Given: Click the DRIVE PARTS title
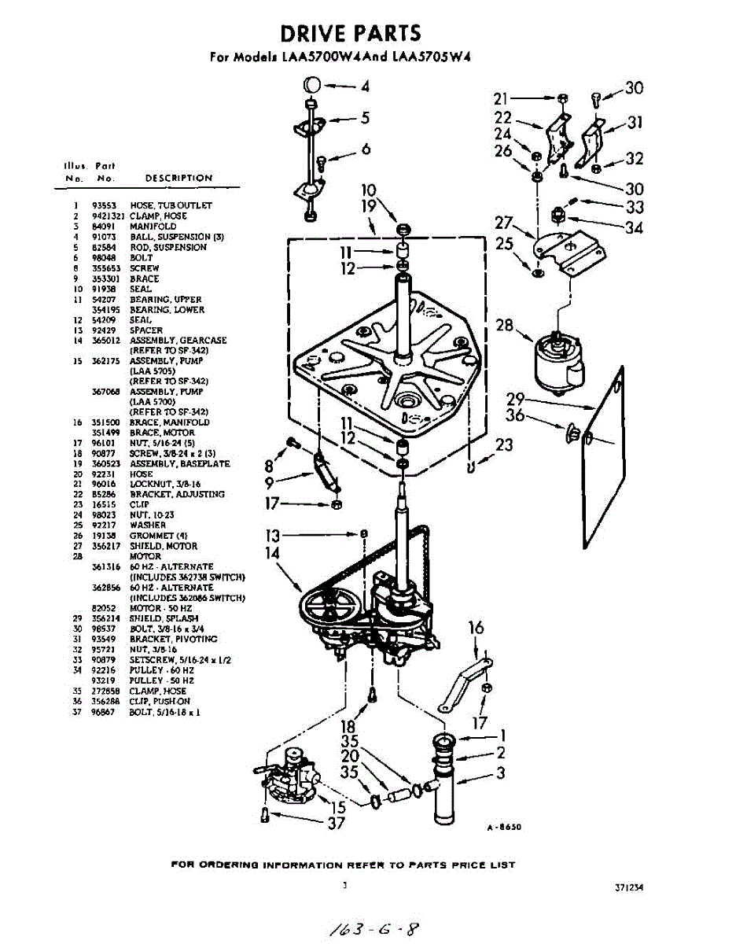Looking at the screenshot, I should pos(351,33).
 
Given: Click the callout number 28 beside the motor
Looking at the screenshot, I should pos(504,325).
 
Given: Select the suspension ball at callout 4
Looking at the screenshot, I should pos(311,85).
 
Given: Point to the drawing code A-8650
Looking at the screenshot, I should pos(503,827).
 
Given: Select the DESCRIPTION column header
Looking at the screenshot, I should pos(178,178).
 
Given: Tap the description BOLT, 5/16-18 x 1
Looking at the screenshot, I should pos(158,712).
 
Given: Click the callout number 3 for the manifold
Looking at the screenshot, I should pos(500,773).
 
